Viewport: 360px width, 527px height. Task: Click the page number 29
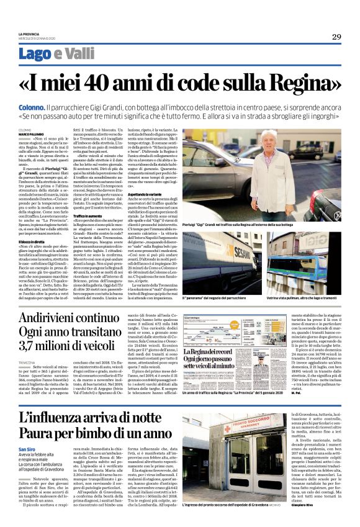point(336,36)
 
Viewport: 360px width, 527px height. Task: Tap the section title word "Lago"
point(34,54)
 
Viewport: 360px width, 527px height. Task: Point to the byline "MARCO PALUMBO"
point(31,133)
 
